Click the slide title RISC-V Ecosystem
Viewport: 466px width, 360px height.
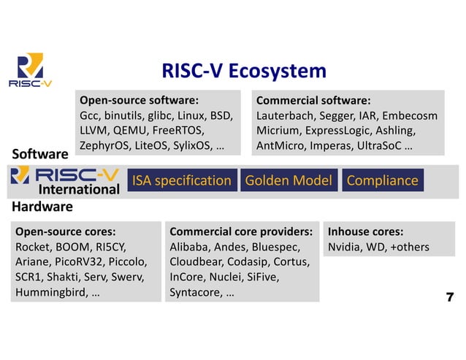pos(244,71)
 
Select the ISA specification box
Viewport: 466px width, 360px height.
pos(181,180)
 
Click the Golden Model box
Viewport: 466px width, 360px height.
pos(288,180)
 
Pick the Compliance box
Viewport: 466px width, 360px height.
pos(382,180)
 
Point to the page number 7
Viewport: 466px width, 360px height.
pos(449,296)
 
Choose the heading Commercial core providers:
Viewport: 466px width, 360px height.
pos(241,231)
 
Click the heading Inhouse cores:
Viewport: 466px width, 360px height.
pos(365,231)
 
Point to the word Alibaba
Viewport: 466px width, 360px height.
pos(189,247)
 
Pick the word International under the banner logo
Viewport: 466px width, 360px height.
pos(78,191)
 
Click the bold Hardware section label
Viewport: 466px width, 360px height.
pos(42,207)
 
